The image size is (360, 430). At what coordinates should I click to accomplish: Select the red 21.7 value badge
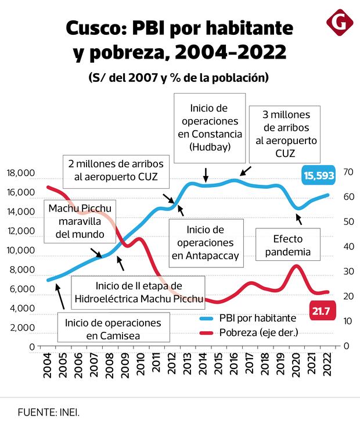[321, 311]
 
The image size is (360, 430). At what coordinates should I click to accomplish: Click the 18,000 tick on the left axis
[21, 173]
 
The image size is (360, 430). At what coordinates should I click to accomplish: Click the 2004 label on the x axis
[49, 363]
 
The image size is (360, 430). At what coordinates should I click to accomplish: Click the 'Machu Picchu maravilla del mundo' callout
[80, 221]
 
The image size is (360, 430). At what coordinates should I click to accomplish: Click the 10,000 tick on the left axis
[21, 250]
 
